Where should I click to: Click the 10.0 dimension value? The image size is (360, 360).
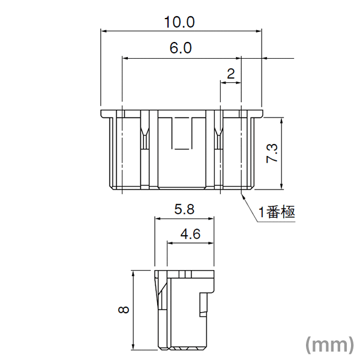pos(180,22)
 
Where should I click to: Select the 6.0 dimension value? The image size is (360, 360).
pos(180,49)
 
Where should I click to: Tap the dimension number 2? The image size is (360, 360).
pos(231,74)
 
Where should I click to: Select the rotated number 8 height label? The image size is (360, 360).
pos(124,310)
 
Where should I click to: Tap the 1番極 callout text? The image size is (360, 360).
pos(277,212)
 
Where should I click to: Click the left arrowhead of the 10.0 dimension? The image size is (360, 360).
pos(103,31)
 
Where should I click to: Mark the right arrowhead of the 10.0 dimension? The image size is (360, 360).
pos(260,31)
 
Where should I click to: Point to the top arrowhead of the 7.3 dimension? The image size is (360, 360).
pos(281,121)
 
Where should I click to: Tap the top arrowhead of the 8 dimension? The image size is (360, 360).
pos(133,273)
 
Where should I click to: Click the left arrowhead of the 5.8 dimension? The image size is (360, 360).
pos(157,219)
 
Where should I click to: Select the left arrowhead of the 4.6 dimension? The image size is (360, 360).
pos(169,243)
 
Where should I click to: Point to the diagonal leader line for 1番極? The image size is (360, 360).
pos(250,208)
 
